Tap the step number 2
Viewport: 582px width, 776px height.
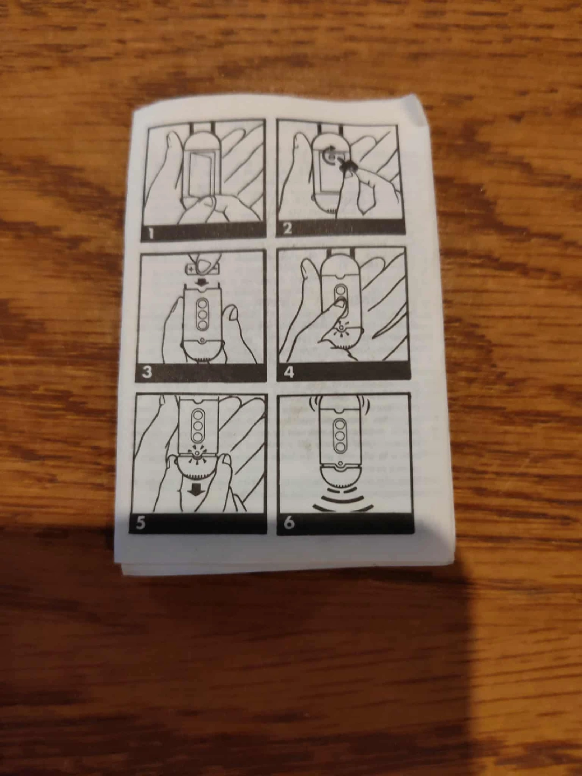[288, 229]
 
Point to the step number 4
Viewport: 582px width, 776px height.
[289, 372]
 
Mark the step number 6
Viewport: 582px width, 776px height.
[289, 523]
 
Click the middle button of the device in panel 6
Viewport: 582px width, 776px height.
[340, 435]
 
